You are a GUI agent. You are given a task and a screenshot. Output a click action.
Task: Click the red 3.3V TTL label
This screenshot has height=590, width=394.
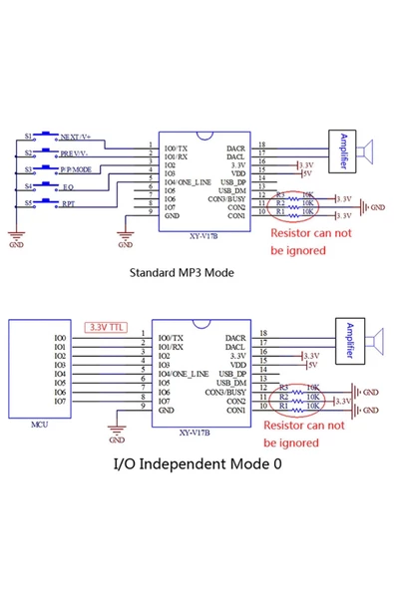[x=108, y=326]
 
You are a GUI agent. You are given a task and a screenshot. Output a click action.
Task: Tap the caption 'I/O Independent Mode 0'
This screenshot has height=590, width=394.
[x=197, y=462]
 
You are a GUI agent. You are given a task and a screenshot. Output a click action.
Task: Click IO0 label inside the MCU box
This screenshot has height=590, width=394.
[x=61, y=338]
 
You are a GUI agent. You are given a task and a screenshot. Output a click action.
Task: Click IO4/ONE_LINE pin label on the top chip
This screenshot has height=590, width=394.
[x=188, y=182]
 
